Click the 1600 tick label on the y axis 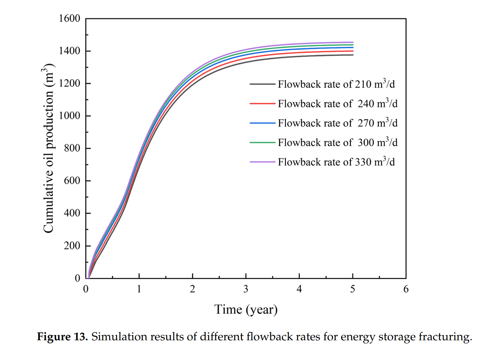point(69,19)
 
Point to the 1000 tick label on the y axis point(69,116)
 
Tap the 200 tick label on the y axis point(72,246)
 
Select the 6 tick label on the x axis point(406,289)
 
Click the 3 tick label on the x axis point(246,289)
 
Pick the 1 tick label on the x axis point(139,289)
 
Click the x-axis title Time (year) point(246,310)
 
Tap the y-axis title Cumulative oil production point(49,148)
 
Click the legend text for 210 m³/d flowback point(336,84)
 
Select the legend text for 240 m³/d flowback point(338,104)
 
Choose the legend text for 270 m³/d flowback point(338,123)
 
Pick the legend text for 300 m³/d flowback point(338,143)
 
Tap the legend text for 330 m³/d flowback point(336,162)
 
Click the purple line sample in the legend point(262,162)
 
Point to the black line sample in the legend point(262,84)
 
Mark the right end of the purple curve point(353,42)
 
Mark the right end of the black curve point(353,55)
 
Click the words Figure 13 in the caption point(62,337)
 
